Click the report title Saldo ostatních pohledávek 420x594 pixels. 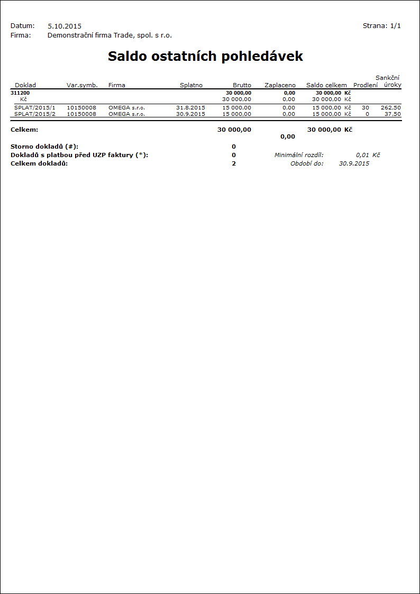pyautogui.click(x=205, y=57)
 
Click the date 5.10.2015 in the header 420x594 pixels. pyautogui.click(x=65, y=26)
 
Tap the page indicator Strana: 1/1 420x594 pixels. pyautogui.click(x=381, y=25)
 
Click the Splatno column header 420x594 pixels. pyautogui.click(x=191, y=85)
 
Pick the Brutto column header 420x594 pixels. pyautogui.click(x=242, y=85)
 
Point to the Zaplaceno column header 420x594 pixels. pyautogui.click(x=280, y=85)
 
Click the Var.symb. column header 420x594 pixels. pyautogui.click(x=82, y=85)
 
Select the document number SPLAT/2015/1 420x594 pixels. pyautogui.click(x=35, y=107)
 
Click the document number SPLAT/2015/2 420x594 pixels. pyautogui.click(x=35, y=114)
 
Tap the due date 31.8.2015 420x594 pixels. pyautogui.click(x=190, y=107)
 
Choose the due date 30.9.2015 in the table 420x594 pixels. pyautogui.click(x=190, y=114)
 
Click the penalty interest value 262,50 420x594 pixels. pyautogui.click(x=390, y=107)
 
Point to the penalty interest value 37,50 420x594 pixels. pyautogui.click(x=392, y=114)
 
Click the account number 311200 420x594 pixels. pyautogui.click(x=20, y=93)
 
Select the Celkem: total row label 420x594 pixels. pyautogui.click(x=24, y=130)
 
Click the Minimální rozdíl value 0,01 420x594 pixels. pyautogui.click(x=362, y=155)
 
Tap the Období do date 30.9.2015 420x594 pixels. pyautogui.click(x=354, y=163)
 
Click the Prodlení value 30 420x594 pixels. pyautogui.click(x=366, y=107)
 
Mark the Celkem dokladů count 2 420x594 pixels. pyautogui.click(x=234, y=163)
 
